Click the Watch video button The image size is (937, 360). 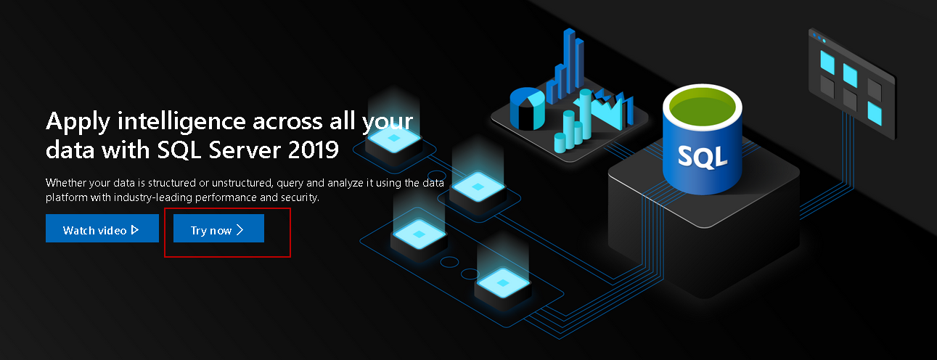click(102, 229)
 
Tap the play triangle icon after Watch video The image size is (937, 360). click(135, 230)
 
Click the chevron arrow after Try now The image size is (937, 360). click(240, 230)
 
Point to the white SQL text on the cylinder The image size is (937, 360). click(703, 157)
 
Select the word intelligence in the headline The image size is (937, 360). click(181, 123)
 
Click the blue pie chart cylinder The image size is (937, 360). click(527, 109)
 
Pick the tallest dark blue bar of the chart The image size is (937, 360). click(569, 62)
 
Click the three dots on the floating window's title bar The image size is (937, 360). click(819, 38)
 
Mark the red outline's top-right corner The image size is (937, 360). click(290, 208)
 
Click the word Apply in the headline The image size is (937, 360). click(78, 123)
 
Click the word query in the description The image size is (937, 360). click(290, 183)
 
